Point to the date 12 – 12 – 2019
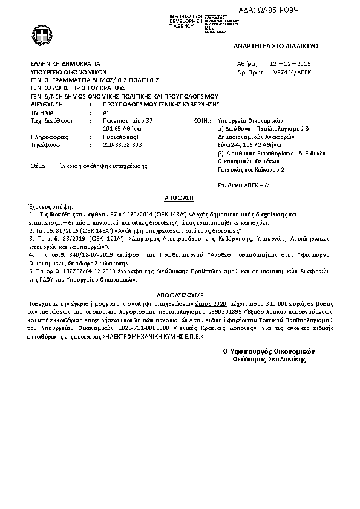pyautogui.click(x=290, y=63)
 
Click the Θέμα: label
pyautogui.click(x=38, y=164)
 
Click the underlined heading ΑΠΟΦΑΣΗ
pyautogui.click(x=179, y=198)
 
